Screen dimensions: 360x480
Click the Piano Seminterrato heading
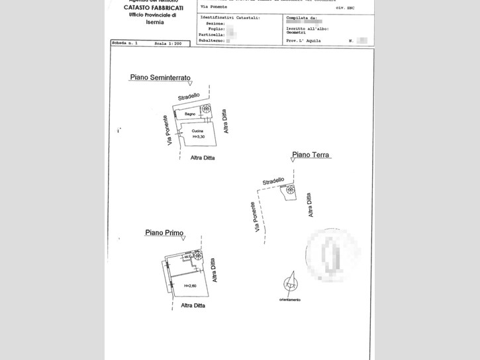click(x=160, y=77)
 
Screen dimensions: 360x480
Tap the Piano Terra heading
click(x=311, y=155)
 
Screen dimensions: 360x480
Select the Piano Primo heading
click(x=164, y=232)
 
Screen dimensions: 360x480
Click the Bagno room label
click(x=191, y=114)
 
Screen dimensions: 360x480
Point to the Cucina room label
click(x=197, y=131)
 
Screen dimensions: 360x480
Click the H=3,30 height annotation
click(x=199, y=136)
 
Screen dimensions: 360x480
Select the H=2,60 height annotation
click(x=191, y=285)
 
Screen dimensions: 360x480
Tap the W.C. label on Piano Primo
click(x=187, y=258)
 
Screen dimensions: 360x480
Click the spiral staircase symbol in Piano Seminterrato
click(x=207, y=109)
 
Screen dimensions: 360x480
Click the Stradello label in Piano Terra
click(x=273, y=181)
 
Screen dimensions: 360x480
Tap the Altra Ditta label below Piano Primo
click(x=193, y=305)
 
